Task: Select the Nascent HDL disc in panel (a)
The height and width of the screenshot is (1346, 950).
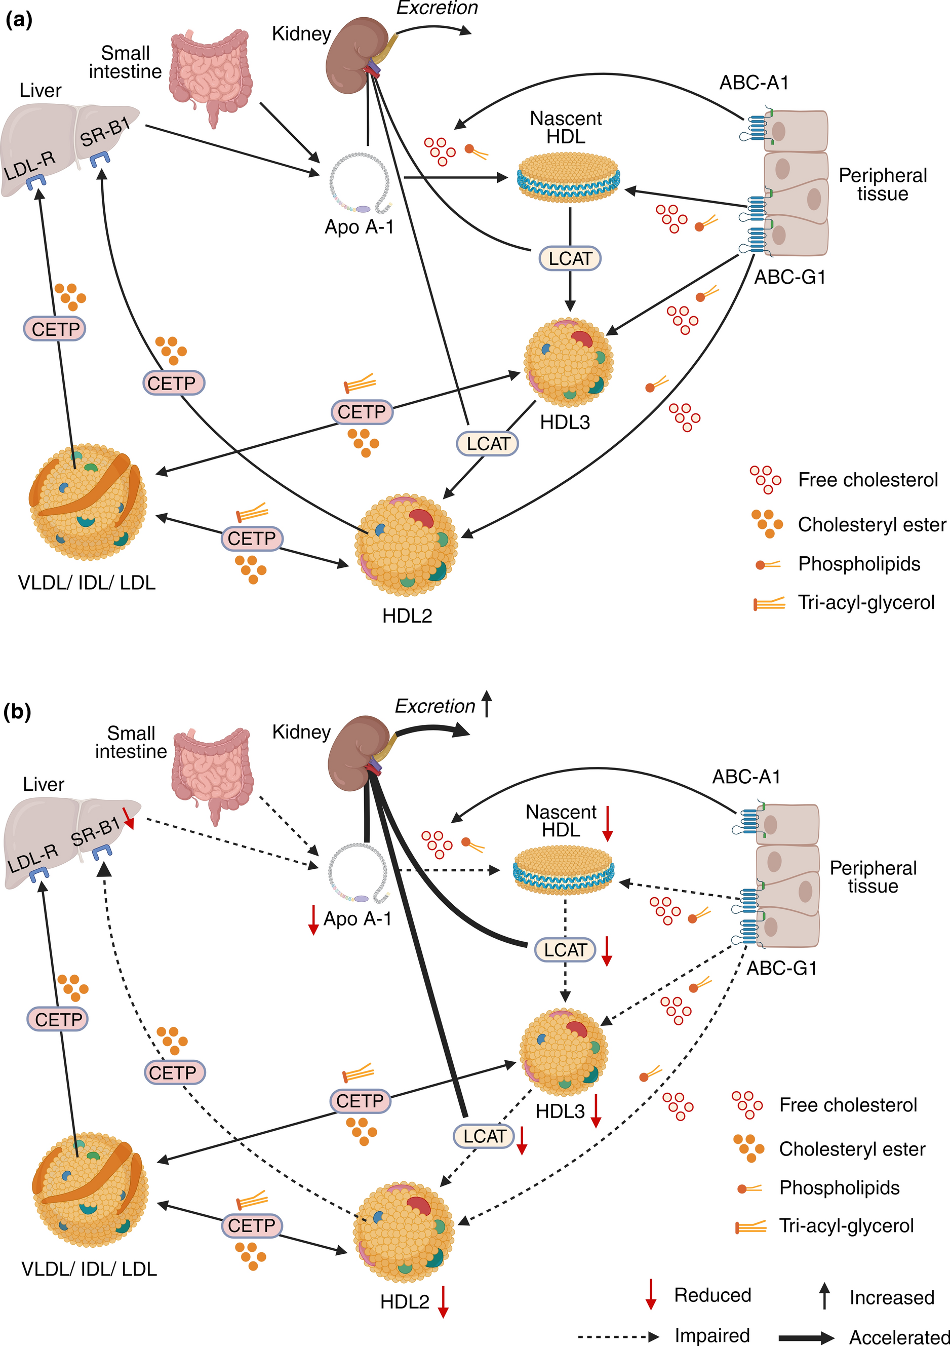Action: point(567,176)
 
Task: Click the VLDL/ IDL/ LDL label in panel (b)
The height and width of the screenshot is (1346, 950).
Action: point(89,1268)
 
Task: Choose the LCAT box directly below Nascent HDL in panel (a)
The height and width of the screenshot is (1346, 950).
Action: point(570,258)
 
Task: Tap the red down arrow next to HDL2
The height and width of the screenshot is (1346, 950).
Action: point(443,1302)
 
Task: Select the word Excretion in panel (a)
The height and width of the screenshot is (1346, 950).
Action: point(437,8)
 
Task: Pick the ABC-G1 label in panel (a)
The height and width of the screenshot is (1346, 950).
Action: point(789,277)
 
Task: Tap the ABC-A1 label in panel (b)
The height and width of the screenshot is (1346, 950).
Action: point(746,777)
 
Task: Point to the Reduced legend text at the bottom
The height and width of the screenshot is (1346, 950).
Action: point(712,1295)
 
